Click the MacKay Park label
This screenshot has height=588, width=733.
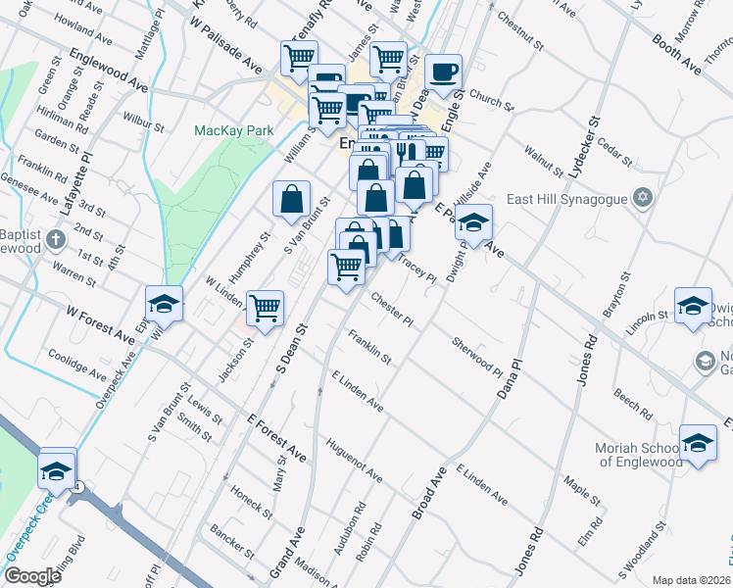coord(232,129)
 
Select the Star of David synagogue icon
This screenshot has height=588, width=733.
coord(643,198)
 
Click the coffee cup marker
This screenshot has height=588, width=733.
coord(443,73)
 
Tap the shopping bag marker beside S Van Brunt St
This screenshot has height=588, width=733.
coord(292,200)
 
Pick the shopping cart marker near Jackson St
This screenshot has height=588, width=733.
coord(265,308)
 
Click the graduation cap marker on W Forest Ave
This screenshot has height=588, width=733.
coord(165,305)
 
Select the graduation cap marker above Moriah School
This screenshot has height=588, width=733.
coord(698,443)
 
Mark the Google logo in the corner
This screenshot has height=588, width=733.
coord(31,576)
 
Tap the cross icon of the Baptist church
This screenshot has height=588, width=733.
coord(58,238)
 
